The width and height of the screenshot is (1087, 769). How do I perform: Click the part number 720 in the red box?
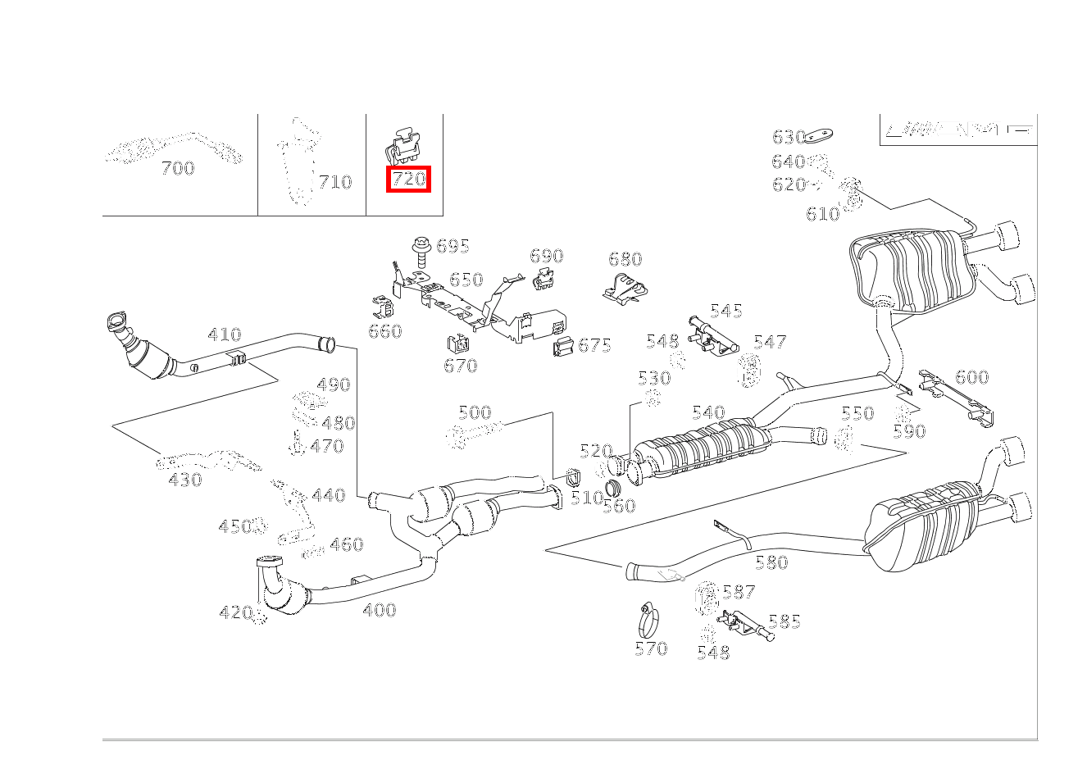pos(409,179)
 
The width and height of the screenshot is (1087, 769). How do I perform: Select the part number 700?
pos(178,169)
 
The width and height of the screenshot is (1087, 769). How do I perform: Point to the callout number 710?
pos(334,182)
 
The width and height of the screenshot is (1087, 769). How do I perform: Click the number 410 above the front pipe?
pos(225,334)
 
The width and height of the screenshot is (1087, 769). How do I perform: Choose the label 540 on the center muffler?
pos(708,413)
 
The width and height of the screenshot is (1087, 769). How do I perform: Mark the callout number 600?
pos(972,377)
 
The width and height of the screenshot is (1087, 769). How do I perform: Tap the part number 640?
pos(788,162)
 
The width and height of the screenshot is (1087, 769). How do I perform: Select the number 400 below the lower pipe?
pos(379,610)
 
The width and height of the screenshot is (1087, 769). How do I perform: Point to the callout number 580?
pos(771,562)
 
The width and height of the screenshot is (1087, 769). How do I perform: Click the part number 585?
pos(784,622)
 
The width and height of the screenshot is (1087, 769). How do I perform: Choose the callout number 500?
pos(475,412)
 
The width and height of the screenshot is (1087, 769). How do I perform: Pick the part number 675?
pos(594,345)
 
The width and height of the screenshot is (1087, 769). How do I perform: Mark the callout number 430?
pos(185,480)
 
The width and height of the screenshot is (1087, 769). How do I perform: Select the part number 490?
pos(333,385)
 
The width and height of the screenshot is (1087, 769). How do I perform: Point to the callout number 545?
pos(726,311)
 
